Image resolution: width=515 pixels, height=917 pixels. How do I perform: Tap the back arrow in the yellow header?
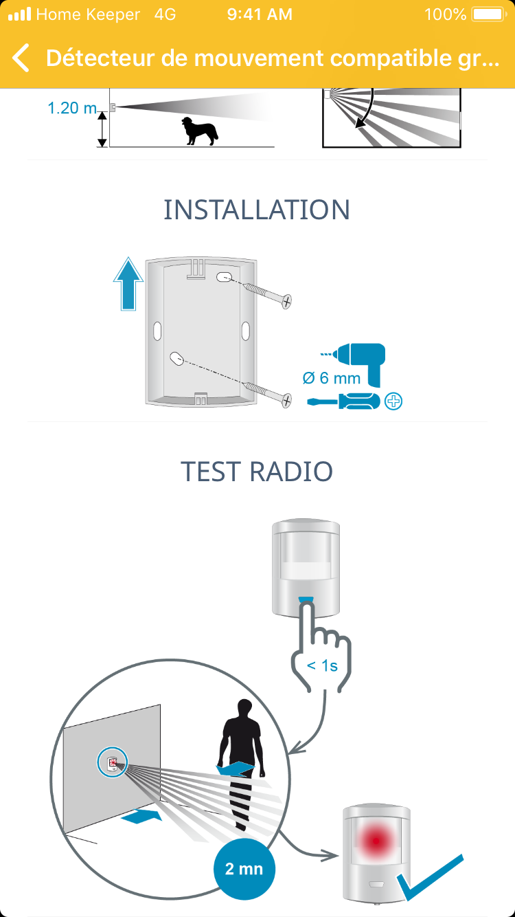(x=21, y=58)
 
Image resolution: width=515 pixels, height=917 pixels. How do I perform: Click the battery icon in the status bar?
(x=488, y=14)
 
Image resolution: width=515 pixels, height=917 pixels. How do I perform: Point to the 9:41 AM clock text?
(x=259, y=14)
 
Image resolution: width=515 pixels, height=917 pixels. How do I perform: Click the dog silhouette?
(x=199, y=131)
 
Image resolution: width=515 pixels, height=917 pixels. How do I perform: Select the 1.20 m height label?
(x=72, y=108)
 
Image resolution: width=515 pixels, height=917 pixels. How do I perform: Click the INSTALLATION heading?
(x=257, y=210)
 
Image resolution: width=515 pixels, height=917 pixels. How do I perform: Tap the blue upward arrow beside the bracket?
(x=128, y=283)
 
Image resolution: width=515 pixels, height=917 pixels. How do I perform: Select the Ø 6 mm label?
(x=331, y=378)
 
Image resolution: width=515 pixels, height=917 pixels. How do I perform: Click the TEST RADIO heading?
(x=257, y=472)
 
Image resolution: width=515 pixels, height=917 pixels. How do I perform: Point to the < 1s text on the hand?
(x=321, y=665)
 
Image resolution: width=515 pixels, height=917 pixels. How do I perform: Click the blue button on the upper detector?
(x=305, y=598)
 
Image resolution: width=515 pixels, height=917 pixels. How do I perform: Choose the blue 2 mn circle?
(x=244, y=869)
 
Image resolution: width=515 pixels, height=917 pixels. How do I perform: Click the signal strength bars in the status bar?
(x=20, y=14)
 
